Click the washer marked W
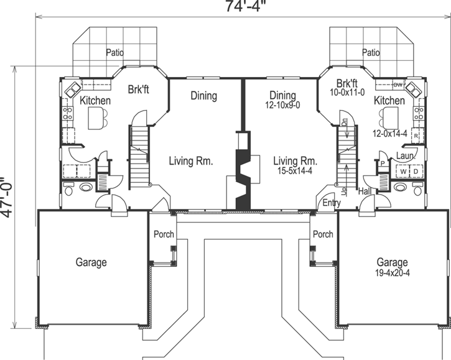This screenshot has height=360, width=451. coord(402,170)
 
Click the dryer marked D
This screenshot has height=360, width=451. coord(416,170)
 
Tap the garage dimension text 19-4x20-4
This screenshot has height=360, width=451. coord(393,273)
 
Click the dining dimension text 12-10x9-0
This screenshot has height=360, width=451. coord(282,106)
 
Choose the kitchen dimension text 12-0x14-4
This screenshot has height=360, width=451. coord(391,134)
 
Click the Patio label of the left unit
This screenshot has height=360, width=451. coord(114,52)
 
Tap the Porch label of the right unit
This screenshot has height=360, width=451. coord(323,234)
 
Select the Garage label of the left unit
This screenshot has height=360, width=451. coord(91,262)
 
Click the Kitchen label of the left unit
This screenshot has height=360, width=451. coord(95,100)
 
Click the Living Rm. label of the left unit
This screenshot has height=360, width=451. coord(191,161)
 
